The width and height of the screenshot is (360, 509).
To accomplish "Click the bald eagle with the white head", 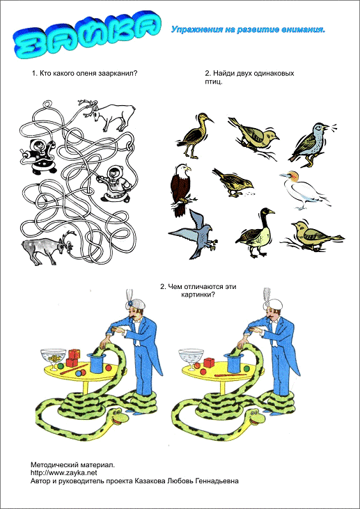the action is (x=180, y=190).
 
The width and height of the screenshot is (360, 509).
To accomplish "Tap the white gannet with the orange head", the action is (x=304, y=191).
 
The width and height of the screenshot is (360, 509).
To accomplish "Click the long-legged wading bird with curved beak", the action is (x=195, y=135).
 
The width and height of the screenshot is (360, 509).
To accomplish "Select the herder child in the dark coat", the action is (x=39, y=157).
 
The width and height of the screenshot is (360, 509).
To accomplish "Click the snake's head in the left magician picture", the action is (x=117, y=416).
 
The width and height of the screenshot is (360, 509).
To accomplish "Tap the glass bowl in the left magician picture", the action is (x=53, y=359).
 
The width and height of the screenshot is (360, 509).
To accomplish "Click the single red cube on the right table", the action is (x=209, y=363).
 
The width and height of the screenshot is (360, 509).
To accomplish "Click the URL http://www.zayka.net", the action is (x=64, y=473).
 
